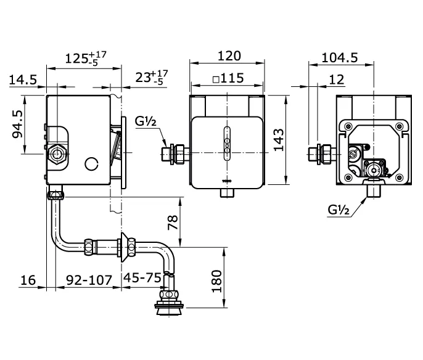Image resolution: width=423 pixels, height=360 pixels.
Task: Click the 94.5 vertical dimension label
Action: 17,124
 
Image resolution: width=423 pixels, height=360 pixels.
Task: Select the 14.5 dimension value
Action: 23,80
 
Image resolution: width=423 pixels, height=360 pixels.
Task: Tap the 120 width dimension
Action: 229,56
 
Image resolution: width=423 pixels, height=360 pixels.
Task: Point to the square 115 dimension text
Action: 229,78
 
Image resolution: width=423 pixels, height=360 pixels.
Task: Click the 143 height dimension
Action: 279,139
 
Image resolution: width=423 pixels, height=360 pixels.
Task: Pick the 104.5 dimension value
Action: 340,57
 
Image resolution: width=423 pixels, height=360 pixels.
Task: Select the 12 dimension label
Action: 337,80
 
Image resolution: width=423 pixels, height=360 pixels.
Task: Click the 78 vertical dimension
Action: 173,222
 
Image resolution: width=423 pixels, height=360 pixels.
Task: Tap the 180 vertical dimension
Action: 216,281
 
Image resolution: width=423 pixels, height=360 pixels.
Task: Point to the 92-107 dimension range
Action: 89,280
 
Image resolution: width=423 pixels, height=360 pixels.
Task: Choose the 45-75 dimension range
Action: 142,277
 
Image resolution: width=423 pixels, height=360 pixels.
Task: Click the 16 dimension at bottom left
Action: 28,280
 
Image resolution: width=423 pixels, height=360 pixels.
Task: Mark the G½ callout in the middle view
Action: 146,121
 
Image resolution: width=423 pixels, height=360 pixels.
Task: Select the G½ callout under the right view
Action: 339,210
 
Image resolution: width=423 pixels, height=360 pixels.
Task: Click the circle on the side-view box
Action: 91,164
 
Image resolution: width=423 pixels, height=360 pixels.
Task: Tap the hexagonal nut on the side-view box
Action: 57,154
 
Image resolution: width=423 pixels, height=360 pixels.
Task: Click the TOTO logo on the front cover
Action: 227,181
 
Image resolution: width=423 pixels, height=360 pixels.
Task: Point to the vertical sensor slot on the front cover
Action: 227,143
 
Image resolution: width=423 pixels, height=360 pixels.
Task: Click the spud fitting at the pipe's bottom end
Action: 169,303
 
